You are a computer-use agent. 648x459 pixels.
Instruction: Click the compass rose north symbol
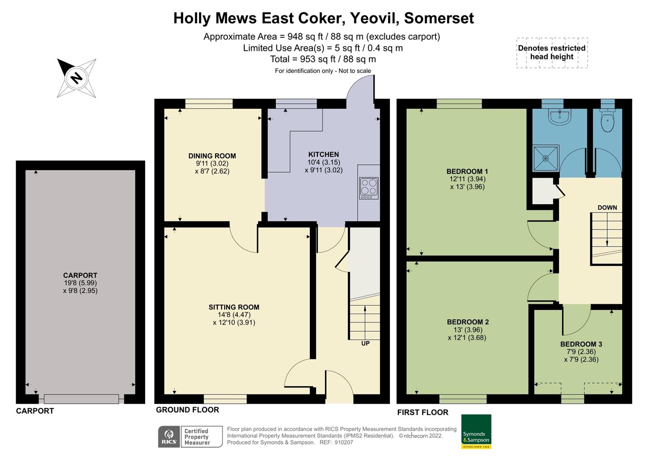[76, 78]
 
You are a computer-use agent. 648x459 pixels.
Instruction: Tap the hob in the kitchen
[368, 188]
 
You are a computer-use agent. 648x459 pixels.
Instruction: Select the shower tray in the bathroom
[546, 158]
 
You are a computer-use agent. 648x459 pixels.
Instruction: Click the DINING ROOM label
[212, 156]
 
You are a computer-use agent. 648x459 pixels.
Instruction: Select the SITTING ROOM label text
[234, 307]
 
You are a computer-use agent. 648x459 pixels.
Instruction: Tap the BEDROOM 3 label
[581, 344]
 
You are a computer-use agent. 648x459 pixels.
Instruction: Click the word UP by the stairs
[365, 343]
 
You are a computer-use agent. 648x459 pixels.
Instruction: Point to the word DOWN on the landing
[607, 208]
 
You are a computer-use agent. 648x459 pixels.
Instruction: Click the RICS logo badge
[169, 437]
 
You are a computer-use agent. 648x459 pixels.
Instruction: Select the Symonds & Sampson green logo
[476, 431]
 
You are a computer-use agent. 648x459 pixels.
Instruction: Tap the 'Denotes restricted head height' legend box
[552, 52]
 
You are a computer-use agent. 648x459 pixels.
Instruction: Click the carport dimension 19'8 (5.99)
[80, 283]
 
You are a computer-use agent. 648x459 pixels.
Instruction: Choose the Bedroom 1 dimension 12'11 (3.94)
[467, 179]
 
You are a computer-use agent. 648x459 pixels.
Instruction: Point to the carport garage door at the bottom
[81, 399]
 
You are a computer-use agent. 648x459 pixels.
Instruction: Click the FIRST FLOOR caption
[423, 412]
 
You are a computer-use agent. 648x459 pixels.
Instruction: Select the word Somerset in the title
[439, 18]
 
